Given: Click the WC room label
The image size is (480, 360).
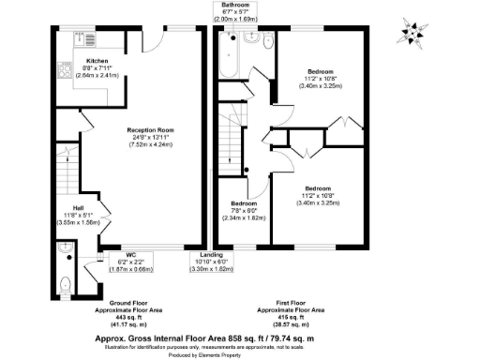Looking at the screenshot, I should coord(117,253).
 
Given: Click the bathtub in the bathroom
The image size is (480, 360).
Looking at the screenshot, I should coord(230,57).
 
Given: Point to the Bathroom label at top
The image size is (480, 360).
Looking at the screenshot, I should coord(234,6).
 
